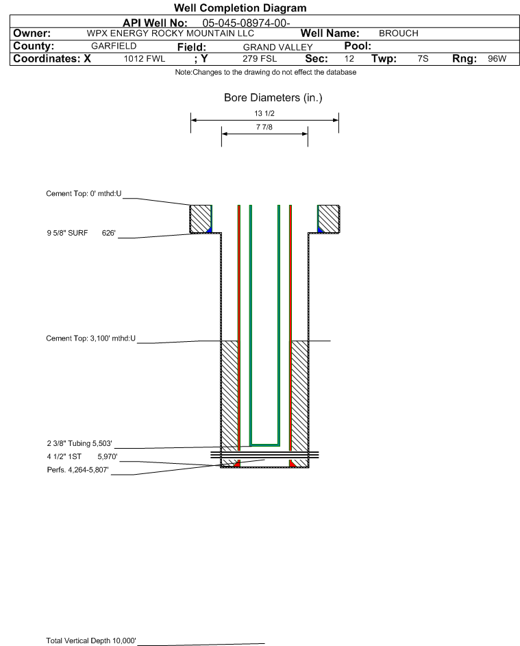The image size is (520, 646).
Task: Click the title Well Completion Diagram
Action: pyautogui.click(x=240, y=8)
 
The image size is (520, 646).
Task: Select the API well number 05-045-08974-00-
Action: pyautogui.click(x=246, y=23)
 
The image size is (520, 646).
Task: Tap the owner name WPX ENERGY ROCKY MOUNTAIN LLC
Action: pyautogui.click(x=170, y=34)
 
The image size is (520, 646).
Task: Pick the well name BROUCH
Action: pyautogui.click(x=399, y=34)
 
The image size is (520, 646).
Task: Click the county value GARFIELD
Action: pyautogui.click(x=114, y=46)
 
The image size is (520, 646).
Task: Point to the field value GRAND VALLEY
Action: pyautogui.click(x=277, y=47)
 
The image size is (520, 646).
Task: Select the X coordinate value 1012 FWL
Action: pyautogui.click(x=144, y=58)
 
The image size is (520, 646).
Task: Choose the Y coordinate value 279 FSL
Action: pyautogui.click(x=260, y=58)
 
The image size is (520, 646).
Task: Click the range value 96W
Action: pyautogui.click(x=497, y=58)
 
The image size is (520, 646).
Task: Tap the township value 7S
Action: pyautogui.click(x=423, y=58)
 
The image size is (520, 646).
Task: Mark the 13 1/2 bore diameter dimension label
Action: pyautogui.click(x=264, y=113)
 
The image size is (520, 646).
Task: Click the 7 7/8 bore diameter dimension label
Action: pyautogui.click(x=264, y=127)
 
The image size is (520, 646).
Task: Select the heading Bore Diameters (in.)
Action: pyautogui.click(x=273, y=98)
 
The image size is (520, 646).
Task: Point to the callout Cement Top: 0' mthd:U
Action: pyautogui.click(x=84, y=194)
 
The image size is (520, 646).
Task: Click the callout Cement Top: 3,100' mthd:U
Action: pyautogui.click(x=90, y=338)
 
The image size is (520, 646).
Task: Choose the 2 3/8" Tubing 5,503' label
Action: pyautogui.click(x=79, y=443)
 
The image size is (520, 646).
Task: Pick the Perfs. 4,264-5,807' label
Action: pyautogui.click(x=78, y=470)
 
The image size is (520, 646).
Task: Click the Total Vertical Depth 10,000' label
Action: pyautogui.click(x=91, y=641)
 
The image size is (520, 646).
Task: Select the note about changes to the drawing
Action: pyautogui.click(x=265, y=72)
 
